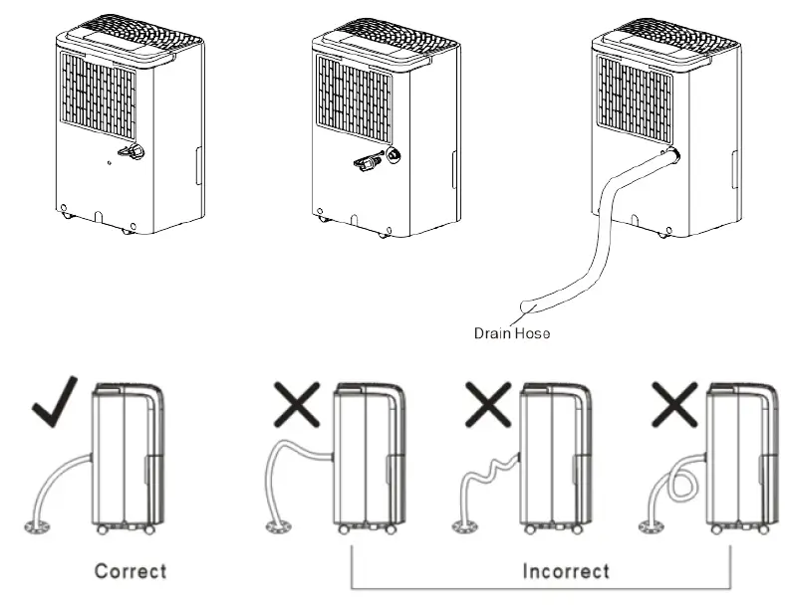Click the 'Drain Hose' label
511,334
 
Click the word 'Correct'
131,570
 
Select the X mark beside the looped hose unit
673,405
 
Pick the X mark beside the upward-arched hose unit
298,405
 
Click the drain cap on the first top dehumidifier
130,151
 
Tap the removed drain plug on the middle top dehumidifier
365,161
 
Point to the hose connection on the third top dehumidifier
673,155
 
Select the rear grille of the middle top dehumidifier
355,98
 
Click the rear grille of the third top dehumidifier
635,98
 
